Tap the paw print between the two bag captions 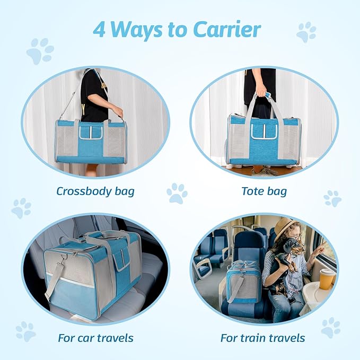tap(177, 194)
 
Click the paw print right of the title tap(306, 32)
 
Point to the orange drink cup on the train tap(327, 278)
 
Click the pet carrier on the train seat tap(243, 282)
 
